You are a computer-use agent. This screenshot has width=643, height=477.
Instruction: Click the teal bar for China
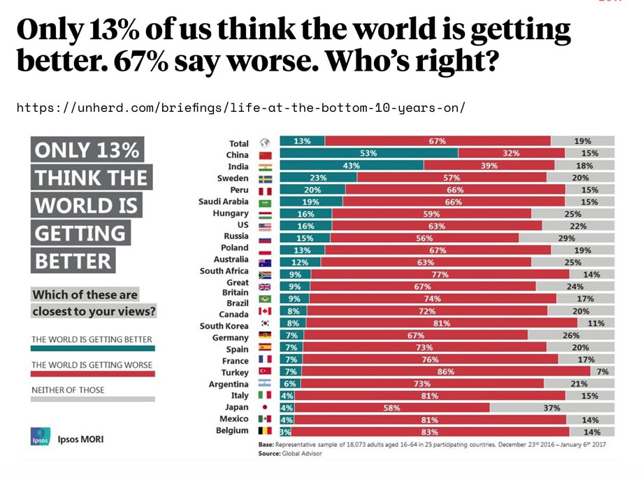coord(368,153)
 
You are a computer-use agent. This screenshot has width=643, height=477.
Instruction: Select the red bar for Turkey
coord(447,371)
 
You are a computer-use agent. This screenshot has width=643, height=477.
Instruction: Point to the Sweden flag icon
coord(265,178)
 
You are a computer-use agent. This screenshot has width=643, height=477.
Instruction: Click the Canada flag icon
coord(265,311)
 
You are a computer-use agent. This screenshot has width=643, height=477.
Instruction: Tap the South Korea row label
coord(224,326)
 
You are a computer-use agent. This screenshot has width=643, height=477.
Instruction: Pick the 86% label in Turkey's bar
coord(445,371)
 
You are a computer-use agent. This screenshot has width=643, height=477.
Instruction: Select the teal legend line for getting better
coord(92,348)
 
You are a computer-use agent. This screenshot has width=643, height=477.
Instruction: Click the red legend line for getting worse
coord(92,373)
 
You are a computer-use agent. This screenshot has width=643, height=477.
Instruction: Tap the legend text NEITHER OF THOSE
coord(67,389)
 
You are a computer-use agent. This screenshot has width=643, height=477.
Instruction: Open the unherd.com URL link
coord(240,108)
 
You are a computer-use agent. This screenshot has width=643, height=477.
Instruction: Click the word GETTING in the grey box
coord(80,233)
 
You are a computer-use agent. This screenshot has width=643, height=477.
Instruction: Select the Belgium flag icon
coord(265,432)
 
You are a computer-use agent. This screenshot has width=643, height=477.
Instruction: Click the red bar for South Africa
coord(440,274)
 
